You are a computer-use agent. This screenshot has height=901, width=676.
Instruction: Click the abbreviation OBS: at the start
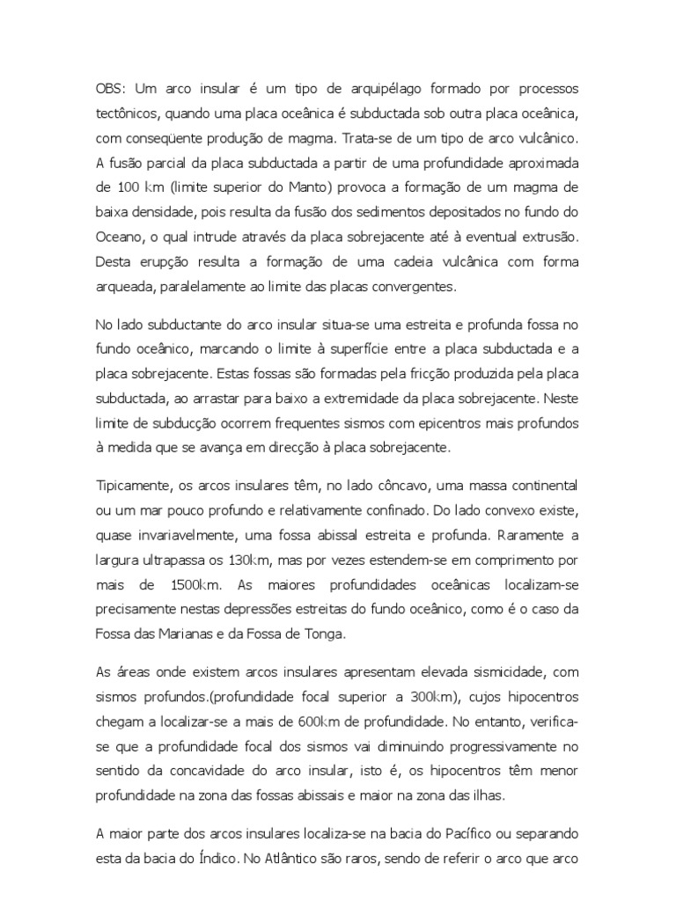[112, 92]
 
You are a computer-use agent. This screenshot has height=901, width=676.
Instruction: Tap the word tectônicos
[129, 116]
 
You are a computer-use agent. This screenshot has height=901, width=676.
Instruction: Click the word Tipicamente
[132, 485]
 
